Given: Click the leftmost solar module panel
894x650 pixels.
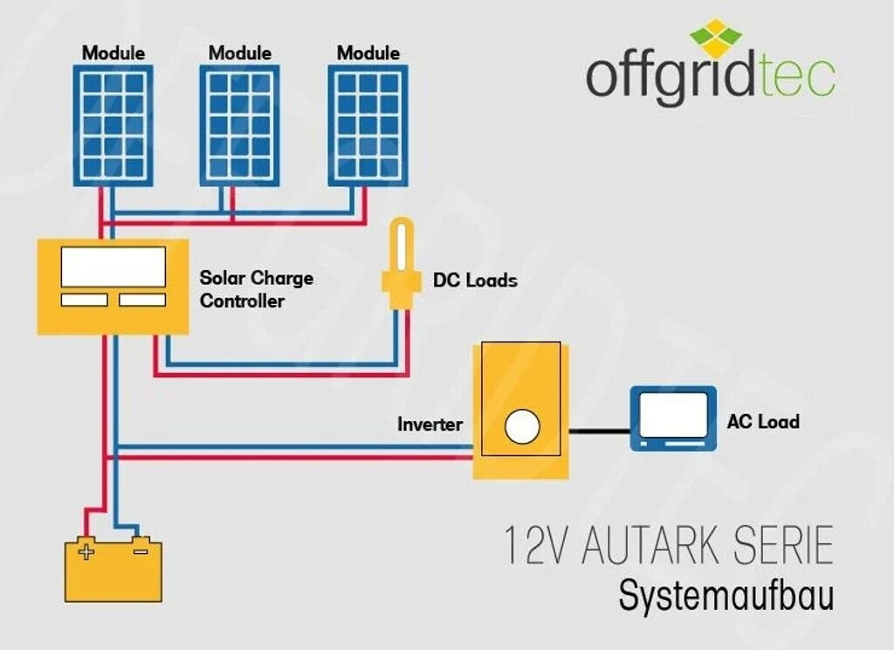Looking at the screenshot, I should tap(113, 125).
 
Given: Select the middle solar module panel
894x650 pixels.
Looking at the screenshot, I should tap(239, 125).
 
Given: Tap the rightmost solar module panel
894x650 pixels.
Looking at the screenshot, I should tap(368, 125).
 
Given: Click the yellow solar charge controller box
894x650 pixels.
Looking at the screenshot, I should tap(113, 287).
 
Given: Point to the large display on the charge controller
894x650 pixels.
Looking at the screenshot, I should tap(113, 266).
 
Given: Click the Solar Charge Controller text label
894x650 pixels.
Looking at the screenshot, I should tap(256, 289).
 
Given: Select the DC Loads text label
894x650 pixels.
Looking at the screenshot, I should tap(475, 280).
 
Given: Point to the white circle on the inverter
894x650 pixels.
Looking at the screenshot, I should tap(522, 426).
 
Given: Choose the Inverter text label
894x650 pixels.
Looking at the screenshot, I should tap(430, 425).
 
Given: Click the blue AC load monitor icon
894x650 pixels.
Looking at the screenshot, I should tap(673, 418).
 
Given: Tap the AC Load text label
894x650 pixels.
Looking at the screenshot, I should tap(763, 422).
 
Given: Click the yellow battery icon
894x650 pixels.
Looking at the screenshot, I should tap(113, 570).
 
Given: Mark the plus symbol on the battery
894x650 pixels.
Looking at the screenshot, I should tap(86, 551).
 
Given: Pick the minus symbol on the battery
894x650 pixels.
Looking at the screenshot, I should tap(140, 550).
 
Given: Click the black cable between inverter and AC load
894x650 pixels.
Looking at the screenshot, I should tap(600, 431).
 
